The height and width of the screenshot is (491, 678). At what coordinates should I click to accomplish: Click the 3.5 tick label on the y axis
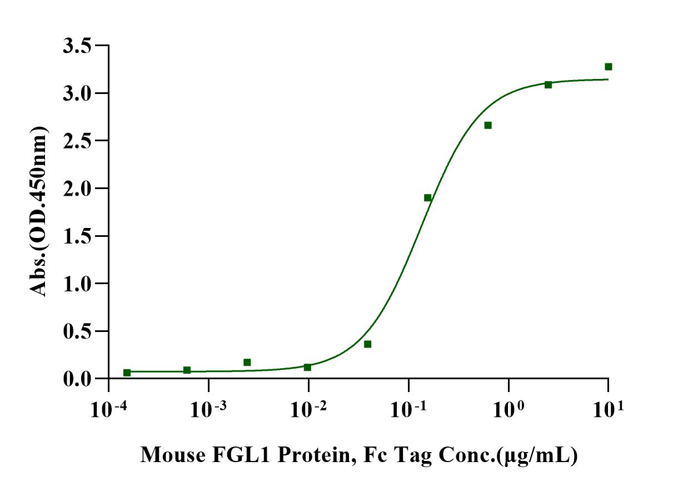(x=77, y=46)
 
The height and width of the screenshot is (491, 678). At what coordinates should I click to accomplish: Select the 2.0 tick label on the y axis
(x=77, y=189)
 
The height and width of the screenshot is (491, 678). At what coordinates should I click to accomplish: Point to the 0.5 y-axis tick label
(x=77, y=331)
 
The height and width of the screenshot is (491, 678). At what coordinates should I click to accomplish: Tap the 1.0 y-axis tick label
(x=77, y=284)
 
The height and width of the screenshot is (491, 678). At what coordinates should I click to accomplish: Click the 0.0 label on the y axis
(x=77, y=379)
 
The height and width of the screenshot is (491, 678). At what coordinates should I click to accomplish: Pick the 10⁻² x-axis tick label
(x=309, y=409)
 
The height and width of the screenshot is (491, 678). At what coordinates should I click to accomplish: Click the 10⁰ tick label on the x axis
(x=508, y=409)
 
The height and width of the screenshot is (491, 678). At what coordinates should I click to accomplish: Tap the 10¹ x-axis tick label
(x=609, y=409)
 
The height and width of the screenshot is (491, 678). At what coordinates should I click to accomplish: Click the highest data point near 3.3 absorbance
(x=609, y=67)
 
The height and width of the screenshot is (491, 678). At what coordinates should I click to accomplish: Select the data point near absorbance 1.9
(x=428, y=198)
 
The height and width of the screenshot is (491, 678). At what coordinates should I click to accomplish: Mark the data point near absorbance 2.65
(x=488, y=126)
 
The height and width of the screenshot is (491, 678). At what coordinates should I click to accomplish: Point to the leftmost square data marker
(x=127, y=373)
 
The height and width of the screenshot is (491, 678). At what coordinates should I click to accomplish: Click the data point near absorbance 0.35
(x=368, y=344)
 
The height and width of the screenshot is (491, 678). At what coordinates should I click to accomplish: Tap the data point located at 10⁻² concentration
(x=307, y=368)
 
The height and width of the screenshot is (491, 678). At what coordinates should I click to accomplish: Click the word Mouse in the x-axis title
(x=173, y=455)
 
